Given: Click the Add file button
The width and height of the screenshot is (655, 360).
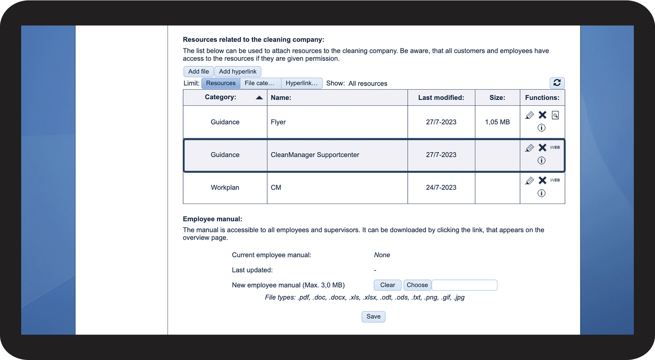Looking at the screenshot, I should point(198,72).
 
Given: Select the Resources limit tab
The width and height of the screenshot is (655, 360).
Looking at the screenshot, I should point(221,83).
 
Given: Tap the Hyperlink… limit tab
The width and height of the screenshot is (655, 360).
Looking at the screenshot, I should point(301,83).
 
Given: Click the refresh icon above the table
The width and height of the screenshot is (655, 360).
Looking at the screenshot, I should point(557,83).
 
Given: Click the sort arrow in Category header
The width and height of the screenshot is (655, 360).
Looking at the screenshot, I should point(259,98).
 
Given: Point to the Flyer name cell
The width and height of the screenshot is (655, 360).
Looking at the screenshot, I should point(278,122).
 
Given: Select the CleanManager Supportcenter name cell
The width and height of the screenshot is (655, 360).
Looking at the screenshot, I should point(315,155).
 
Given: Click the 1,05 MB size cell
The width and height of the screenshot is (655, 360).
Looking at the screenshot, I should point(497,122).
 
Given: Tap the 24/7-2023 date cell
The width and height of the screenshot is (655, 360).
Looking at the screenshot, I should point(441,187).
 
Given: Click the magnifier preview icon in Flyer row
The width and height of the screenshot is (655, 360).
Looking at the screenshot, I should point(555,115).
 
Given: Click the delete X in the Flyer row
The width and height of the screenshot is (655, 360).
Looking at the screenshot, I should point(542,115).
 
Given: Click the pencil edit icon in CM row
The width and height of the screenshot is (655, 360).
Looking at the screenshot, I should point(529,181).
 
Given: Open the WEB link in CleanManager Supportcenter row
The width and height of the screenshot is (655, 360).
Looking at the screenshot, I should point(555,148).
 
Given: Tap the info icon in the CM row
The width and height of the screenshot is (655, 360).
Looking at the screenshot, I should point(541,193).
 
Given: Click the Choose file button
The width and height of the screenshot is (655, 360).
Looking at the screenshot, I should point(417,285).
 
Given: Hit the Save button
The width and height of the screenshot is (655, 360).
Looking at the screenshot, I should point(373,317).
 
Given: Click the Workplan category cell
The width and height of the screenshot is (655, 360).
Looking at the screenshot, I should point(225,187).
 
